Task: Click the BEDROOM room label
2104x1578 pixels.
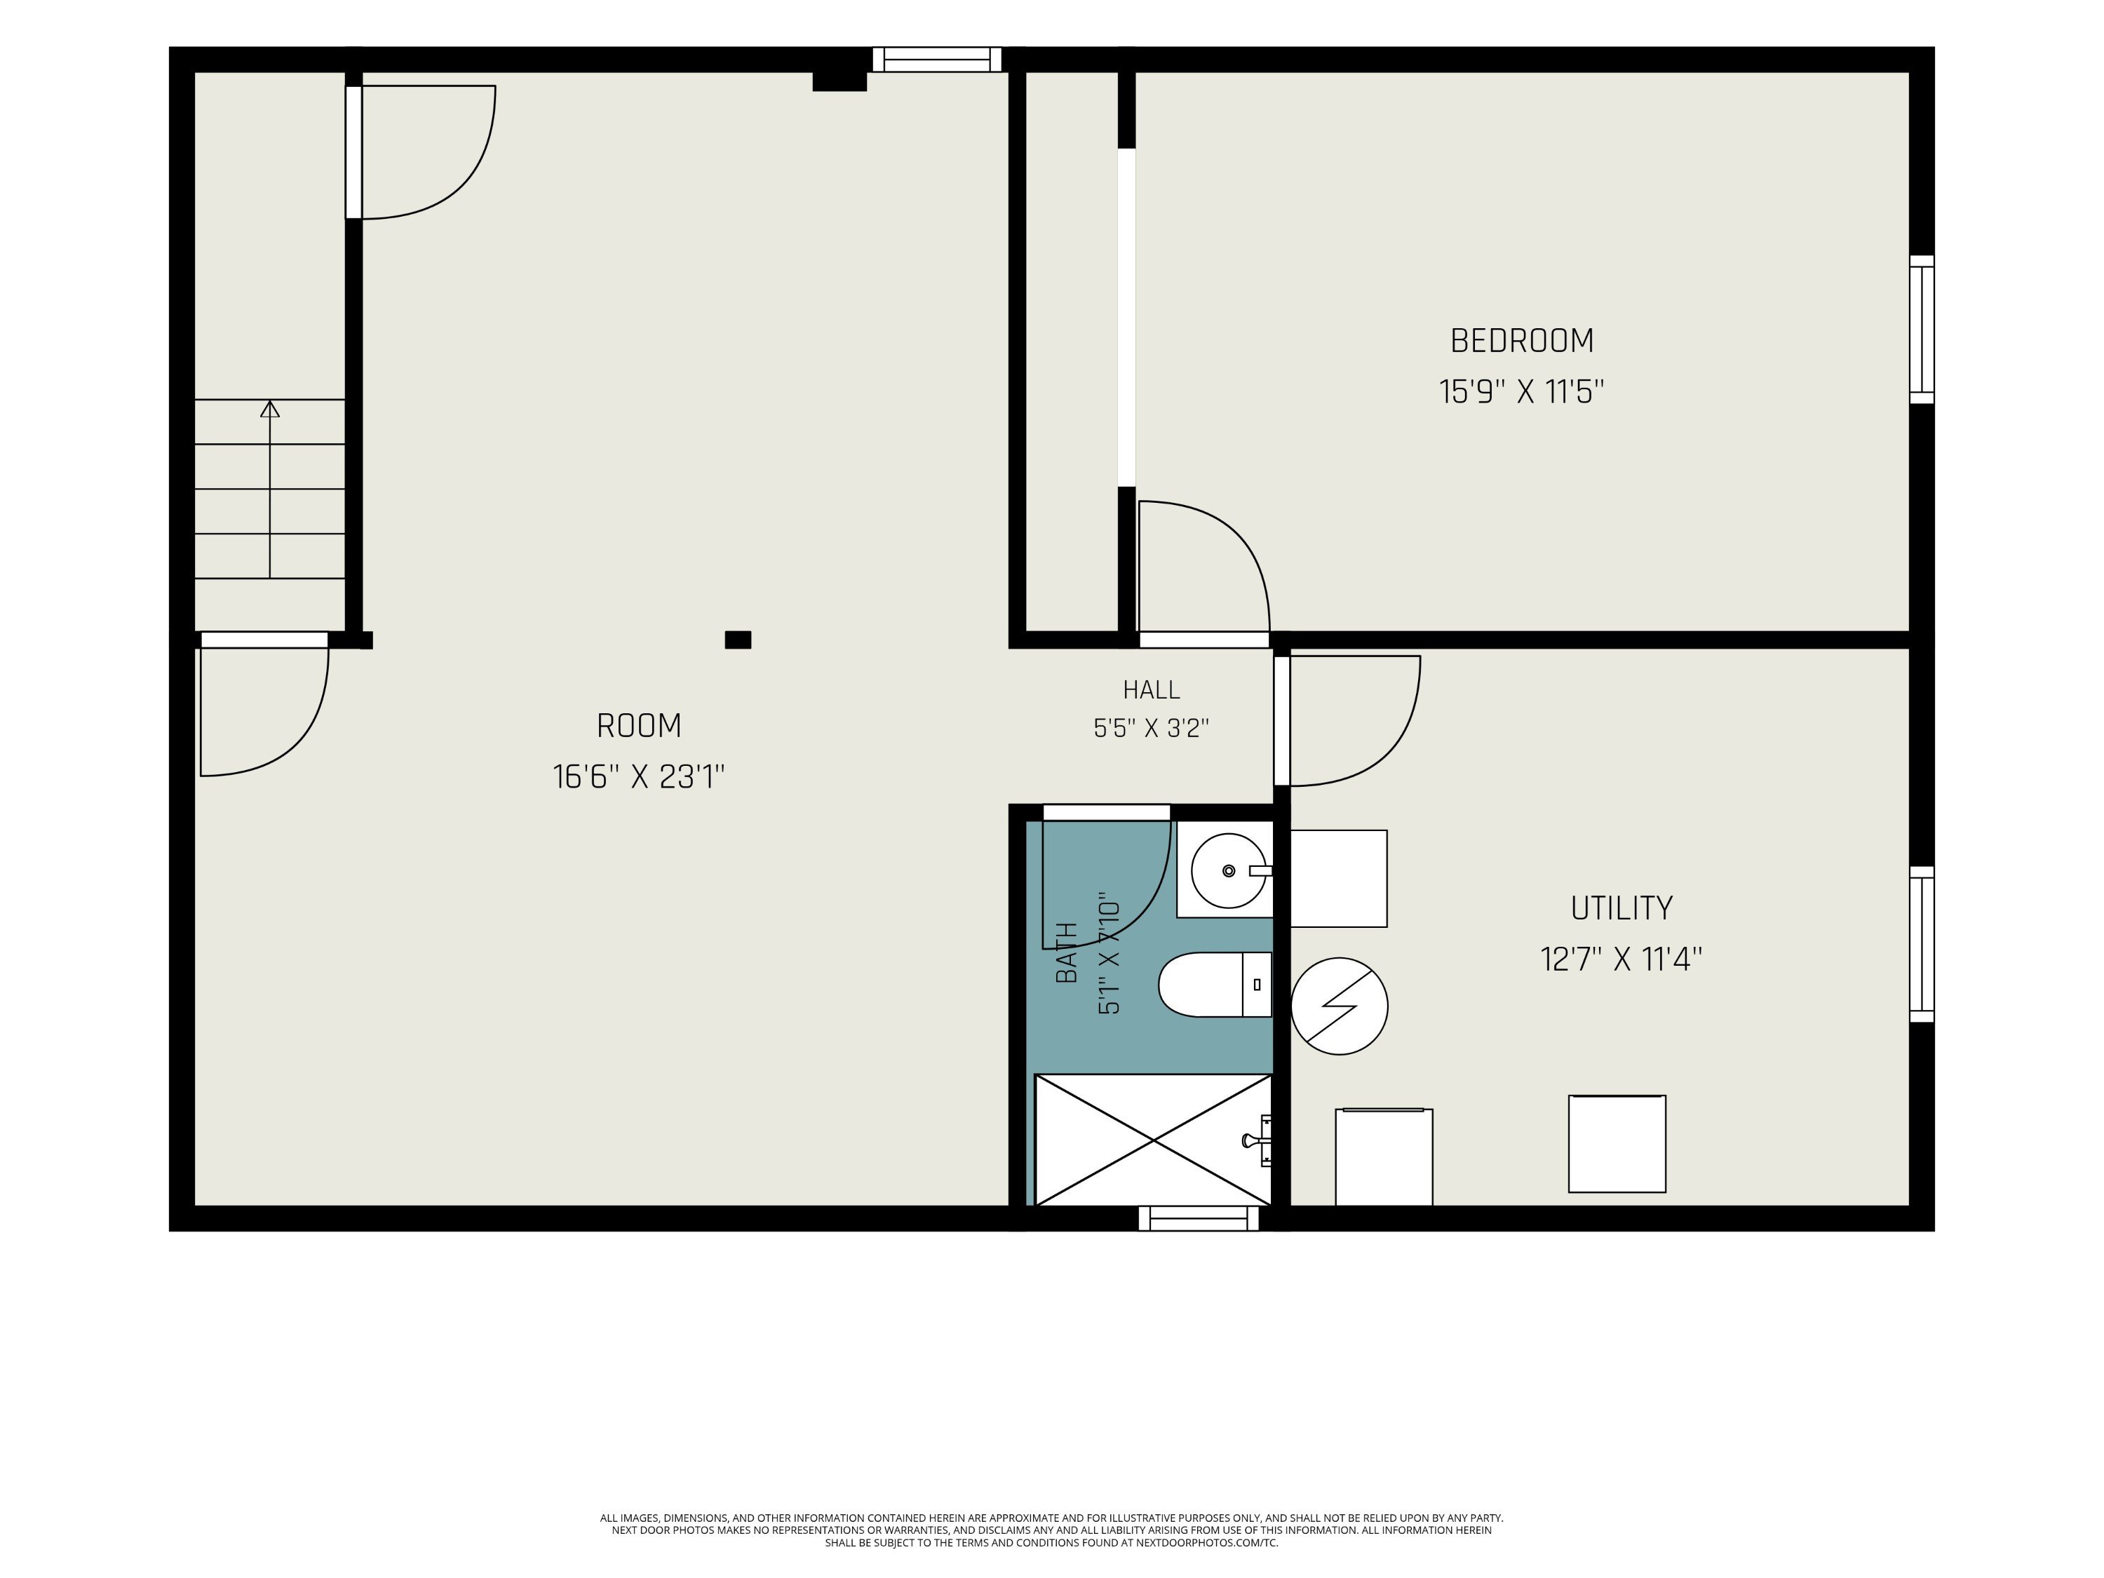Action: coord(1521,341)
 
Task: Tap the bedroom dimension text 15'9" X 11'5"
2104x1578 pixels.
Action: coord(1521,392)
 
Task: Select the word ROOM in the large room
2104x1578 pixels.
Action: coord(639,726)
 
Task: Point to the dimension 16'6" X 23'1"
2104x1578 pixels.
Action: coord(639,777)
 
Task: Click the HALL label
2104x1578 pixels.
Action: coord(1151,689)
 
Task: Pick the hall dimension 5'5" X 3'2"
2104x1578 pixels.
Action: coord(1151,728)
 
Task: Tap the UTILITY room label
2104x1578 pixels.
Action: coord(1621,908)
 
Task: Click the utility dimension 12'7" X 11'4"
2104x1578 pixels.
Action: coord(1621,959)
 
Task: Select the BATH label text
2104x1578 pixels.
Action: coord(1067,952)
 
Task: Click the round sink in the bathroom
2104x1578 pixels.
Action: coord(1229,870)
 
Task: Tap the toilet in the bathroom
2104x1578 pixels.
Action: coord(1215,985)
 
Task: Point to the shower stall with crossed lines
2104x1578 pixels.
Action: coord(1153,1140)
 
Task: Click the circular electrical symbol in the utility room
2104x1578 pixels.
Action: coord(1340,1006)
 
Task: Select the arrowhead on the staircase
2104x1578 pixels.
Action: coord(270,409)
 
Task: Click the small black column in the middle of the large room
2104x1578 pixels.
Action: coord(738,640)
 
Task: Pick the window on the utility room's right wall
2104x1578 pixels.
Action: coord(1922,945)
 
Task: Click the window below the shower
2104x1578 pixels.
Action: coord(1199,1218)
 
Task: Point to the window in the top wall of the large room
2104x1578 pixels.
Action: coord(937,59)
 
